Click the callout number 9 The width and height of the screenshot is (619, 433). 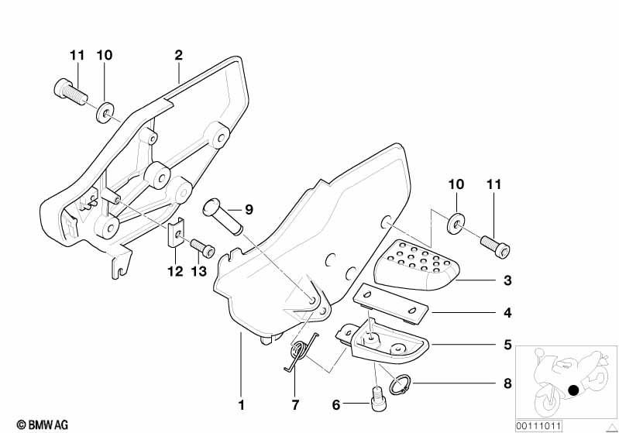tap(249, 210)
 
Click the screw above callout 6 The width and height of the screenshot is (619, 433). tap(380, 399)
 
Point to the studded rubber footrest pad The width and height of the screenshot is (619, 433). tap(414, 265)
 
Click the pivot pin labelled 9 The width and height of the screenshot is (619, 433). tap(222, 217)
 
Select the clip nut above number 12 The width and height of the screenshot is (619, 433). tap(176, 232)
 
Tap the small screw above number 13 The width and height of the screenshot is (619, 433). tap(202, 247)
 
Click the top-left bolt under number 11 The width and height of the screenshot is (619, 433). tap(70, 92)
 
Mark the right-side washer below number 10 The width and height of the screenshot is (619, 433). tap(456, 223)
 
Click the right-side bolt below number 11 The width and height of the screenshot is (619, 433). tap(495, 246)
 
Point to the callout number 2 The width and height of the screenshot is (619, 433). tap(178, 55)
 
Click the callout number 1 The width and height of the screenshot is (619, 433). tap(241, 405)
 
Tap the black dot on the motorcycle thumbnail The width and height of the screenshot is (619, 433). tap(573, 390)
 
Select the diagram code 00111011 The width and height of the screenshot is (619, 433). tap(539, 426)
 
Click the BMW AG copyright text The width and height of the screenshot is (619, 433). tap(43, 424)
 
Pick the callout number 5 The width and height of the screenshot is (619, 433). tap(507, 345)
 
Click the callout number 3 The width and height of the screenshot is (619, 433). tap(507, 280)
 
